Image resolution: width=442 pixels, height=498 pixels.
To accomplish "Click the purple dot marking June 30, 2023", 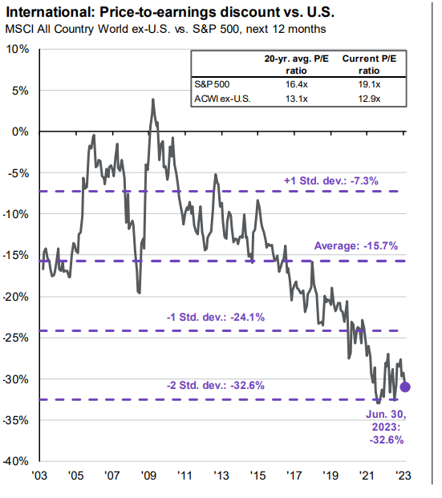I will tap(405, 387).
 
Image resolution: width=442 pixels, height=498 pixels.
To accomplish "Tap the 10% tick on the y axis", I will tap(17, 49).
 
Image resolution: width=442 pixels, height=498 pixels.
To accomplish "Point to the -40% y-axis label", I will tap(17, 461).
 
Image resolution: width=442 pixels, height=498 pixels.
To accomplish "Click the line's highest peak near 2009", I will tap(152, 100).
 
